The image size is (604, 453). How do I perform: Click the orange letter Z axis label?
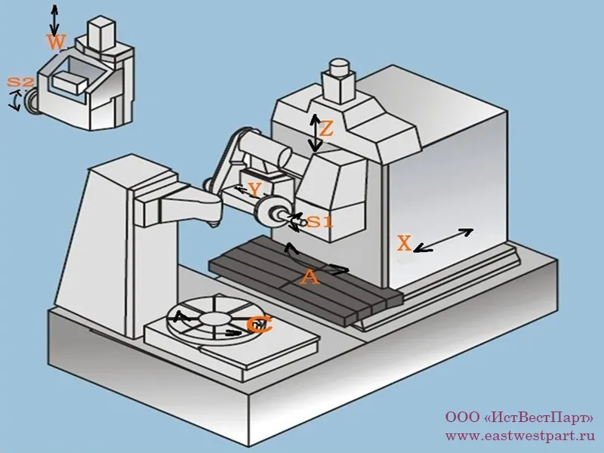(x=326, y=129)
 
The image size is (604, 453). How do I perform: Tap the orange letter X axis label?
(x=405, y=243)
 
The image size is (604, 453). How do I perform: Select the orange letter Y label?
(x=255, y=190)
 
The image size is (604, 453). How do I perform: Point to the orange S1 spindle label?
(x=319, y=222)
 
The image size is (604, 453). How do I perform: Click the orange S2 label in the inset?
(x=20, y=82)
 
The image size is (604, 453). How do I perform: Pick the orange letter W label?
(x=54, y=42)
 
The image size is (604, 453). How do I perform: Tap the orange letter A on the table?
(x=309, y=278)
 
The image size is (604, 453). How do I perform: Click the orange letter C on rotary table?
(x=259, y=325)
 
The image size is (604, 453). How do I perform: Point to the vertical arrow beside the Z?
(x=315, y=134)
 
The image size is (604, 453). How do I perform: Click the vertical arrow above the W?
(x=53, y=17)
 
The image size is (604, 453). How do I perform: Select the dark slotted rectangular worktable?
(x=302, y=279)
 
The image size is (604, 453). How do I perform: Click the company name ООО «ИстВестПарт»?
(x=519, y=418)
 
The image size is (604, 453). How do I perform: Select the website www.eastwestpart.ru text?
(x=519, y=436)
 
